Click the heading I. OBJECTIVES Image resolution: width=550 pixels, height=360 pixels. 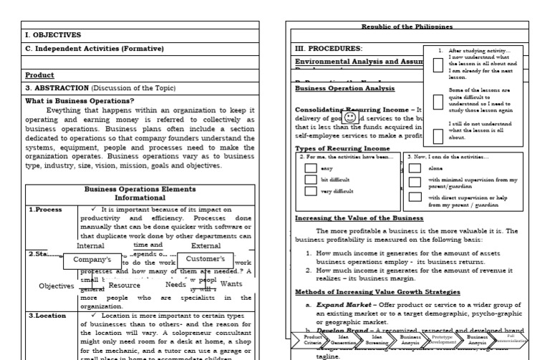[53, 34]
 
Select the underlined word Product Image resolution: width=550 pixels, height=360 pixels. [40, 74]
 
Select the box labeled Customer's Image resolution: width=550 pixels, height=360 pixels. [206, 258]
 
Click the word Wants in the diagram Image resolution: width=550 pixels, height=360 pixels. [231, 284]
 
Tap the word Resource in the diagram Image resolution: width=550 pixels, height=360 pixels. [124, 285]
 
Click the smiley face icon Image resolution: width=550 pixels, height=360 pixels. [350, 116]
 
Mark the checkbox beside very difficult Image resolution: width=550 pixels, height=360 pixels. [311, 191]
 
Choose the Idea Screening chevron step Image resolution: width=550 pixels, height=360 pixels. [380, 339]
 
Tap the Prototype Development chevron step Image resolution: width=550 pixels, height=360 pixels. [443, 339]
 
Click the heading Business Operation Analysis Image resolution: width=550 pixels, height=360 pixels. [344, 89]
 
